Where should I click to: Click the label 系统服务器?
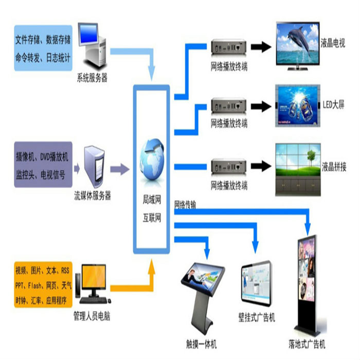pyautogui.click(x=92, y=78)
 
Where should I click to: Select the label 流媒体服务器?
pyautogui.click(x=93, y=195)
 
